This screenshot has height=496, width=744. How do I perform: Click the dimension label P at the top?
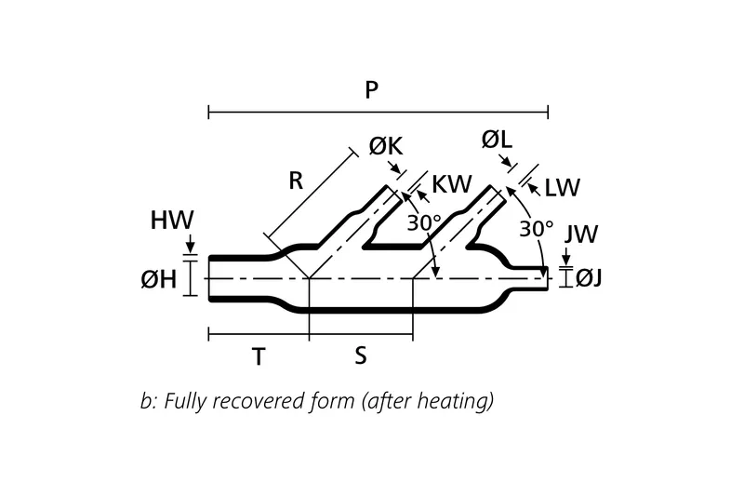coord(371,90)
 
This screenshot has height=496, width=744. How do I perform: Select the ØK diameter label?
coord(387,148)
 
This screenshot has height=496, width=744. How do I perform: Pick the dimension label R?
coord(296,181)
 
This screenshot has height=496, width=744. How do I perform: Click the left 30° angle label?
coord(425,222)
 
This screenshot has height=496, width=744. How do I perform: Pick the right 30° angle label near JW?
coord(537,227)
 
